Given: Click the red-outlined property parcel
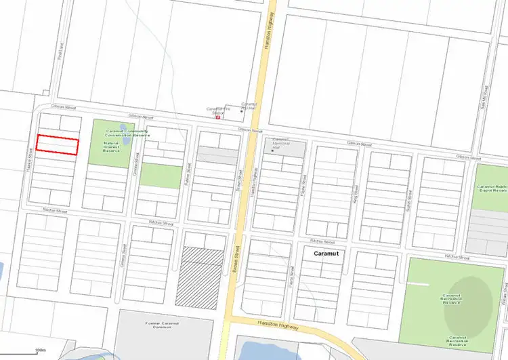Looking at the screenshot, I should click(58, 145).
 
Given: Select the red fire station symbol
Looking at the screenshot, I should click(217, 117).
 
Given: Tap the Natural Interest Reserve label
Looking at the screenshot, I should click(111, 146).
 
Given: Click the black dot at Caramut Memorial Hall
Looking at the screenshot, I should click(272, 150).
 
